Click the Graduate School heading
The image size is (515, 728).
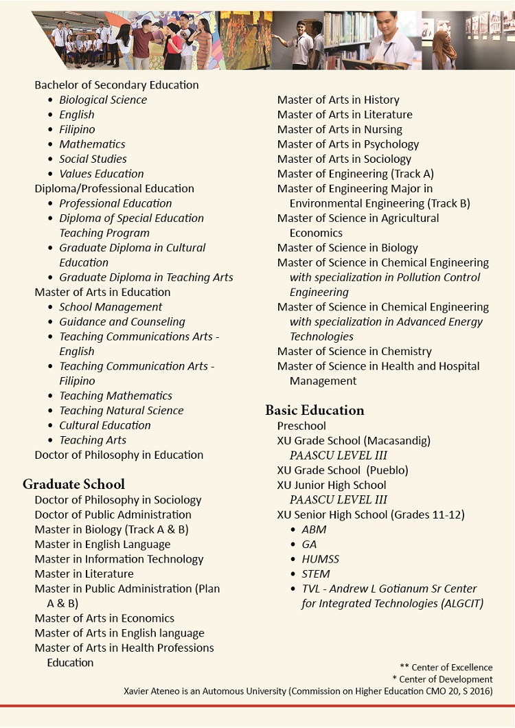click(x=73, y=484)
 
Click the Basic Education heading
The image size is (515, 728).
click(x=314, y=410)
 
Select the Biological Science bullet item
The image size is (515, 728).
click(x=102, y=100)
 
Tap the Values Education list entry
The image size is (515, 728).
click(x=101, y=174)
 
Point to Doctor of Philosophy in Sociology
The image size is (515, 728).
click(x=117, y=500)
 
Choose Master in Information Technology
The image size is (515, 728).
click(x=119, y=559)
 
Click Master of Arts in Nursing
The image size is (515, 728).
click(x=339, y=129)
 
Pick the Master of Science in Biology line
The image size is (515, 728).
click(x=347, y=248)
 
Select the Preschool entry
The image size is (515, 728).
click(x=301, y=426)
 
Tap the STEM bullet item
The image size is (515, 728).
click(x=315, y=573)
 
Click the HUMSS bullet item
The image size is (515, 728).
click(x=320, y=559)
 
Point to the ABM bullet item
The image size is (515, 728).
click(x=314, y=530)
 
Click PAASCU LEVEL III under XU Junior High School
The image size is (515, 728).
click(x=338, y=500)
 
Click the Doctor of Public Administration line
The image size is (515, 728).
click(x=113, y=514)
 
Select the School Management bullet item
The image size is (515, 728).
click(x=111, y=307)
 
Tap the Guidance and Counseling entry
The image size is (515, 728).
click(x=122, y=321)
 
